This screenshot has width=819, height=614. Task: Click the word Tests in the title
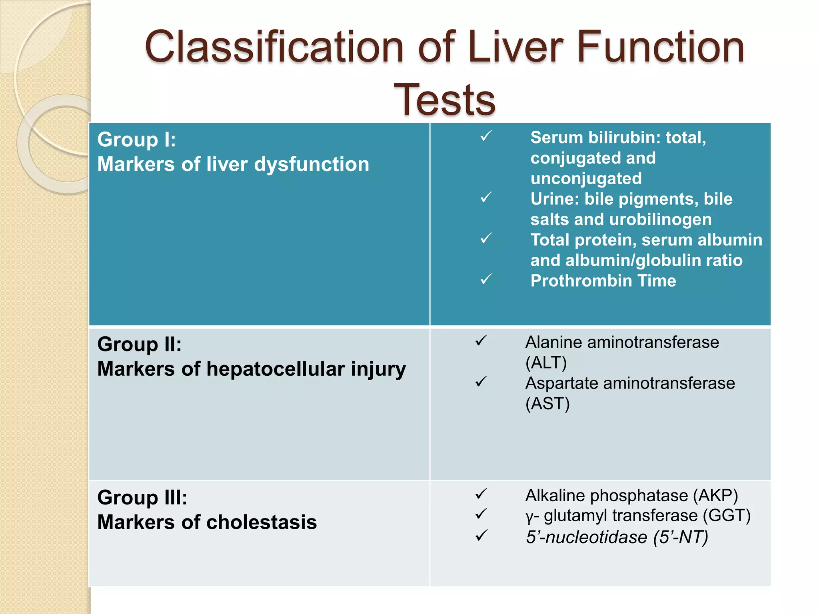[445, 100]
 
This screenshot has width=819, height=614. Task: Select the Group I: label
[136, 140]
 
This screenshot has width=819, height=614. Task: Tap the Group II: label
[139, 344]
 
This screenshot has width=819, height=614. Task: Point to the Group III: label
[142, 498]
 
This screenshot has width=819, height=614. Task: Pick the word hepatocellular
[276, 369]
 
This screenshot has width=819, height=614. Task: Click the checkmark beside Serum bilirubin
[486, 136]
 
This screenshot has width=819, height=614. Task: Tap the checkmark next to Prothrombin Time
[486, 279]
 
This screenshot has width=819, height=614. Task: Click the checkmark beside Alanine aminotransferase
[481, 341]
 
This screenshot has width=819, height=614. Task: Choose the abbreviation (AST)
[547, 404]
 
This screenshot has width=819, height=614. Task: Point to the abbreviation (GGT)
[727, 516]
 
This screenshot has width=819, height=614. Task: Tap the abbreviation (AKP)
[715, 496]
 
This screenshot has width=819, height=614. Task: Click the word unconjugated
[586, 179]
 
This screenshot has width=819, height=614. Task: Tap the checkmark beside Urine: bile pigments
[486, 197]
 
